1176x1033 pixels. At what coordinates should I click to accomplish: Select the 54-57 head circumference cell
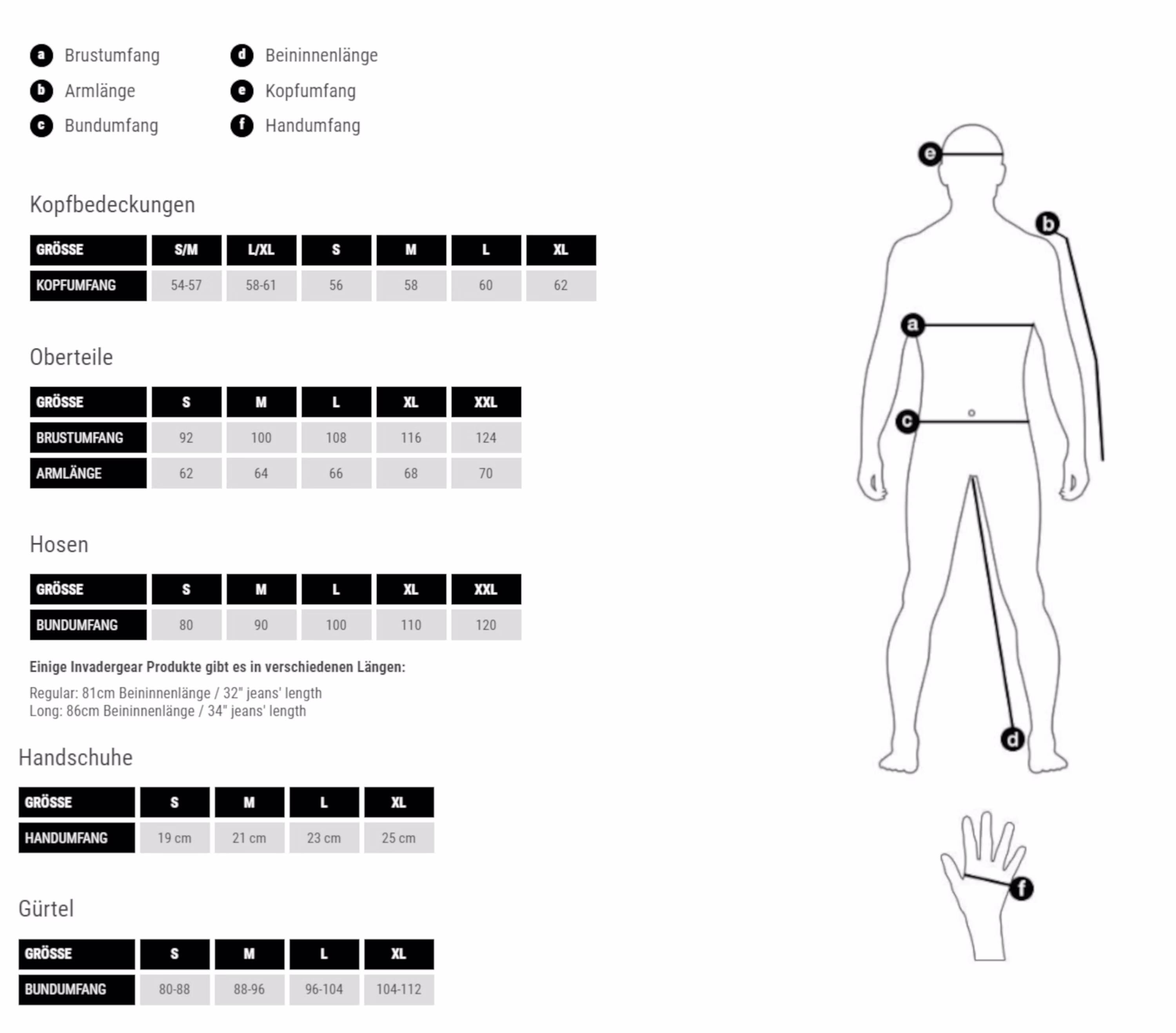(x=187, y=285)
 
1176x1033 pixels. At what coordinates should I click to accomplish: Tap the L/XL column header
(x=261, y=250)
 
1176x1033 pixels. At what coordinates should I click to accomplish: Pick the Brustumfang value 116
(x=411, y=438)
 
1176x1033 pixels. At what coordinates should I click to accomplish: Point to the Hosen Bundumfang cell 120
(x=486, y=625)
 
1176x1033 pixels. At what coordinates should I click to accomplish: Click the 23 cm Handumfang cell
(x=324, y=837)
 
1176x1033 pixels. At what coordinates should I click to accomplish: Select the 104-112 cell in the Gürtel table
(x=399, y=989)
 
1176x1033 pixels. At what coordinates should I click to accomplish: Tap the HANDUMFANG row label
(x=76, y=837)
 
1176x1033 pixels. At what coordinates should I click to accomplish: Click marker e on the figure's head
(x=930, y=154)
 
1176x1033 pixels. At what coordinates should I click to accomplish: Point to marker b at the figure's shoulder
(x=1048, y=223)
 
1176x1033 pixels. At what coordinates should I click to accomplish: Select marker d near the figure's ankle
(x=1013, y=739)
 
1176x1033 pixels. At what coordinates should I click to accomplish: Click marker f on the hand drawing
(x=1021, y=889)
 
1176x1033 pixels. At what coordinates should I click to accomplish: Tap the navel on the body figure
(x=971, y=413)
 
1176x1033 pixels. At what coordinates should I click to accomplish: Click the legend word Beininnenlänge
(x=321, y=55)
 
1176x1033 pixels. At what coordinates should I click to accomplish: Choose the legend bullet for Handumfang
(x=241, y=126)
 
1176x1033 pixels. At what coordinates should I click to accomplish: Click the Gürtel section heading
(x=46, y=909)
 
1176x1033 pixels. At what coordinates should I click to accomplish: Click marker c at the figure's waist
(x=907, y=422)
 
